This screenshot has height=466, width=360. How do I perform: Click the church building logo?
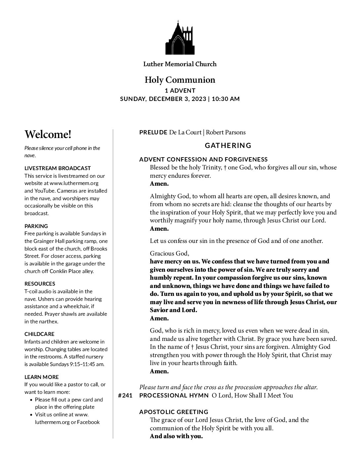click(180, 38)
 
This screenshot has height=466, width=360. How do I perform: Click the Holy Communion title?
click(180, 80)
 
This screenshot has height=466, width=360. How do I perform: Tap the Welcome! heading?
click(48, 134)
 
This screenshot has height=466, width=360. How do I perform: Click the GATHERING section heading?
click(228, 145)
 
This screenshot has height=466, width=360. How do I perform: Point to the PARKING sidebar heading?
click(36, 226)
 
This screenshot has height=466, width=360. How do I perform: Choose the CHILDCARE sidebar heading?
click(39, 334)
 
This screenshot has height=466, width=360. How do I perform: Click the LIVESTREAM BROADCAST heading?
click(58, 168)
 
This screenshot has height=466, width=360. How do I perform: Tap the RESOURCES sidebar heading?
click(40, 284)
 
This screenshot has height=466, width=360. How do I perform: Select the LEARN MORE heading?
click(41, 377)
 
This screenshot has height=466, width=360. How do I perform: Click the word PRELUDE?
click(153, 132)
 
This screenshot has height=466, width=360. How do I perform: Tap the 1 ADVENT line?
click(180, 90)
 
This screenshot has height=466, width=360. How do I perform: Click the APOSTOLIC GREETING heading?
click(174, 412)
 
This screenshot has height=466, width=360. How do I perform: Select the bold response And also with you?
click(176, 436)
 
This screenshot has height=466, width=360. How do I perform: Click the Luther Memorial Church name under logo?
click(180, 64)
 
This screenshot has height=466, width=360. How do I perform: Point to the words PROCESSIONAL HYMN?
click(174, 395)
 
